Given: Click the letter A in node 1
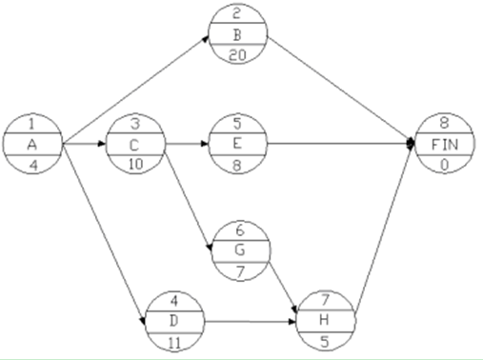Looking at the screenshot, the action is tap(32, 144).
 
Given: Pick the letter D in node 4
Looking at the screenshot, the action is tap(172, 316).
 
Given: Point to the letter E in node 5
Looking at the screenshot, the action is tap(235, 144).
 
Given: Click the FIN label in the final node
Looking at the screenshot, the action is tap(445, 144).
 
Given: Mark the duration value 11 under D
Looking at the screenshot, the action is tap(172, 334).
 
